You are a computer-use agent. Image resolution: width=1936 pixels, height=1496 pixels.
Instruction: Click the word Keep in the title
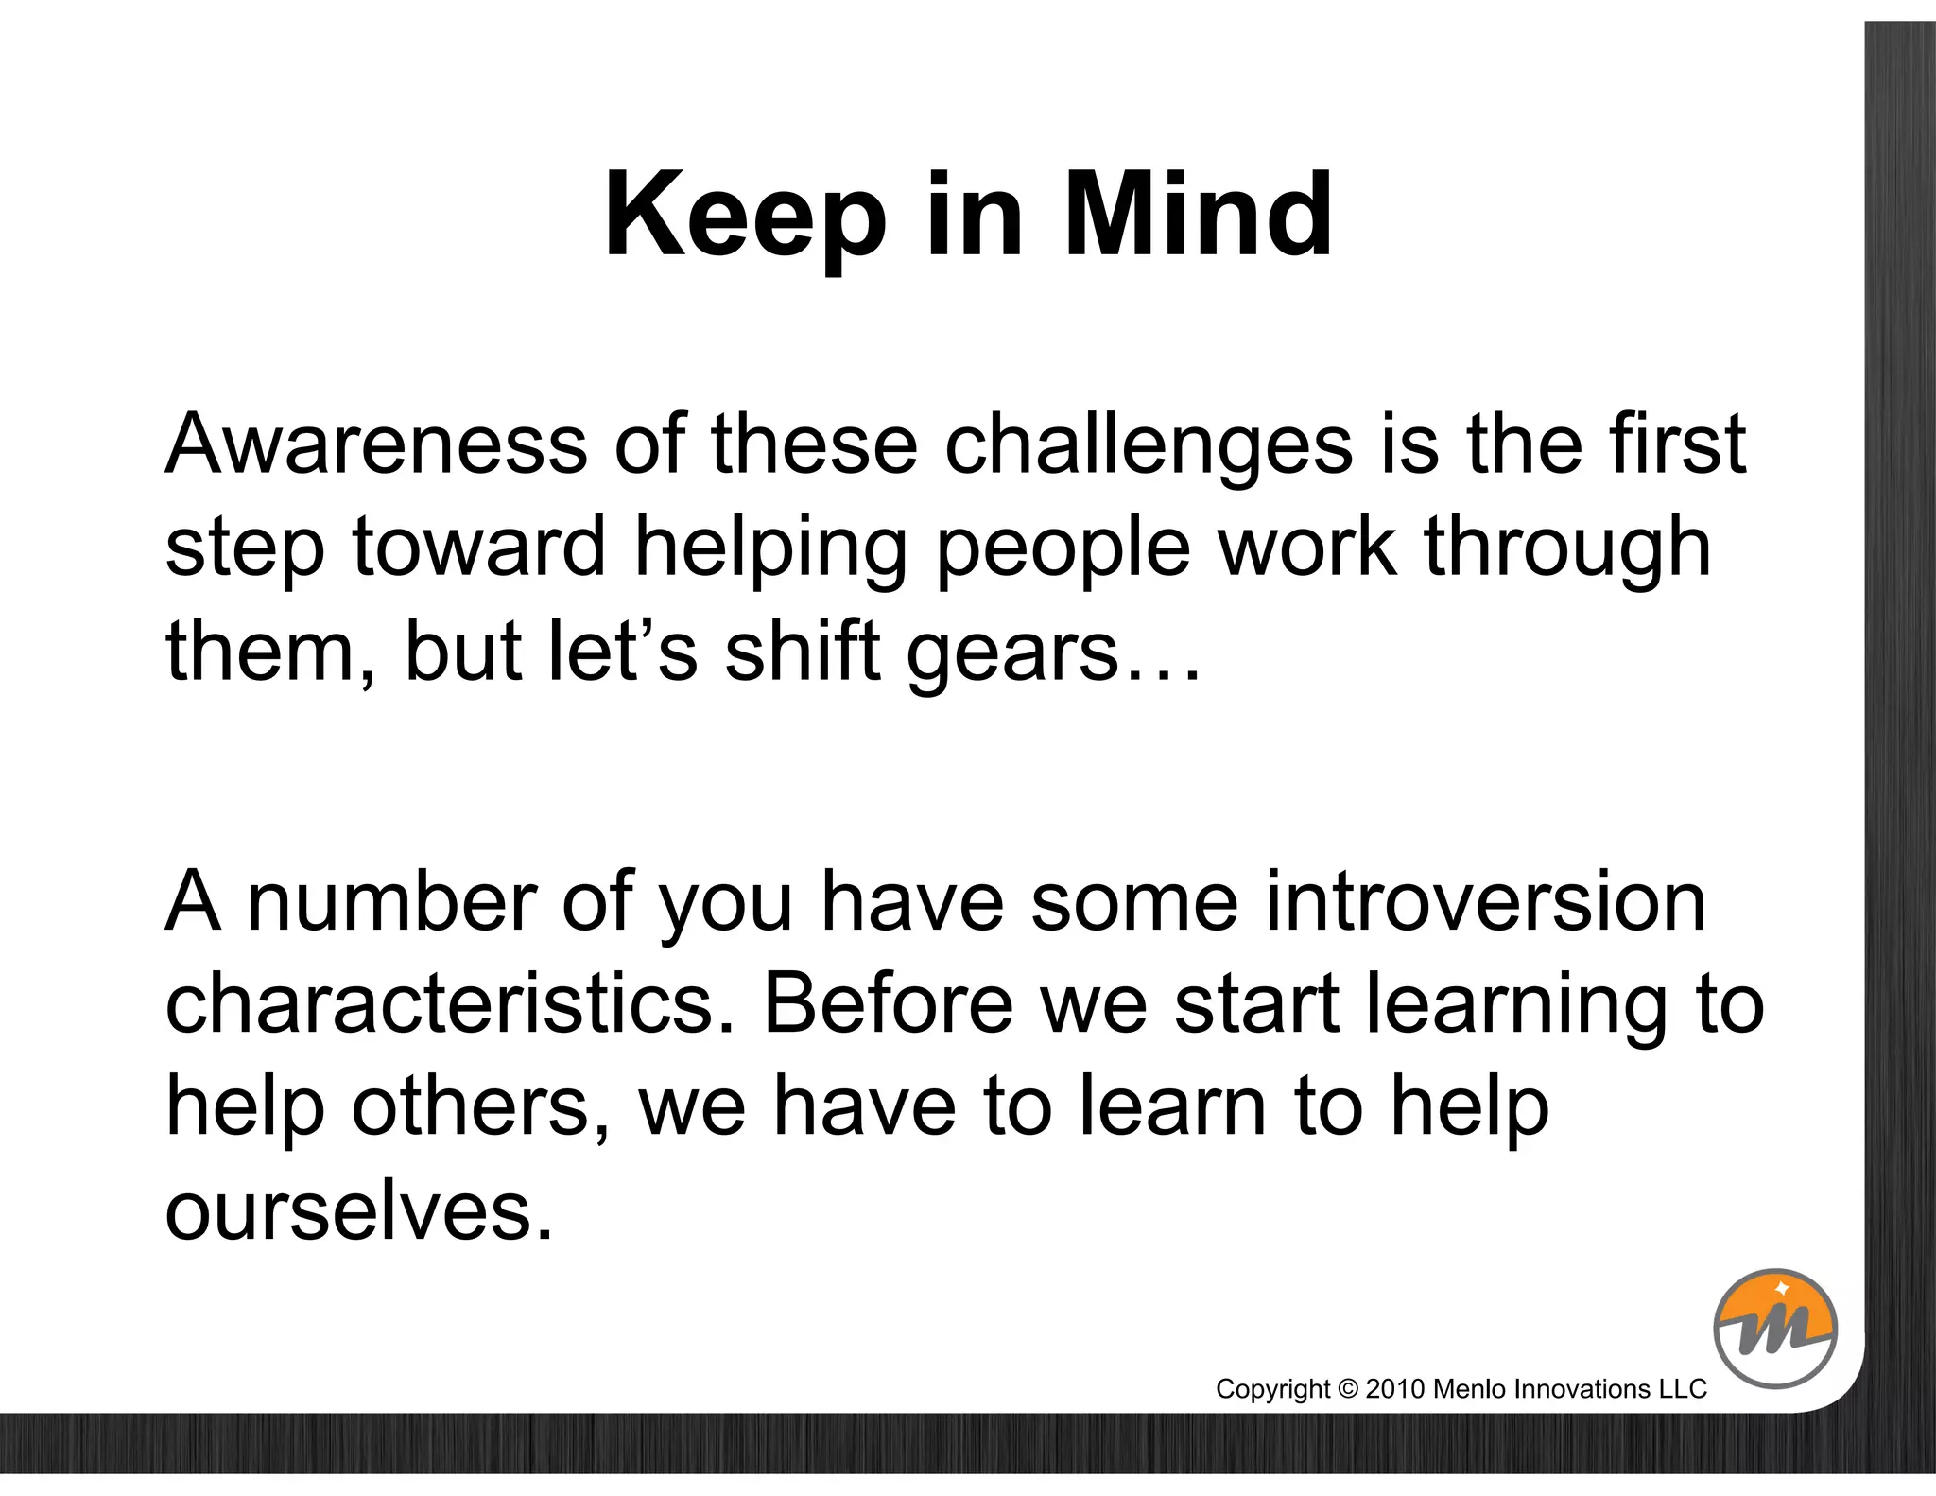(x=746, y=216)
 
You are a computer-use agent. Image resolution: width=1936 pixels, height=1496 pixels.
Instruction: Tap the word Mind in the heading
(x=1198, y=216)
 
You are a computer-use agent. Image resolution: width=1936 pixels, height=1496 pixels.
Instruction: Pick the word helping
(x=770, y=548)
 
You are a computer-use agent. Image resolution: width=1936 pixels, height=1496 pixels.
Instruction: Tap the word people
(x=1063, y=548)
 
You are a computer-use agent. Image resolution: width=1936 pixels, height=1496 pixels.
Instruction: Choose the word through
(x=1566, y=548)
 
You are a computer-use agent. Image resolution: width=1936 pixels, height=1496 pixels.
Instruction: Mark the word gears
(x=1011, y=654)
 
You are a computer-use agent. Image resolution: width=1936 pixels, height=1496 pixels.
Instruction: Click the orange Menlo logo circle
(x=1774, y=1328)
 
